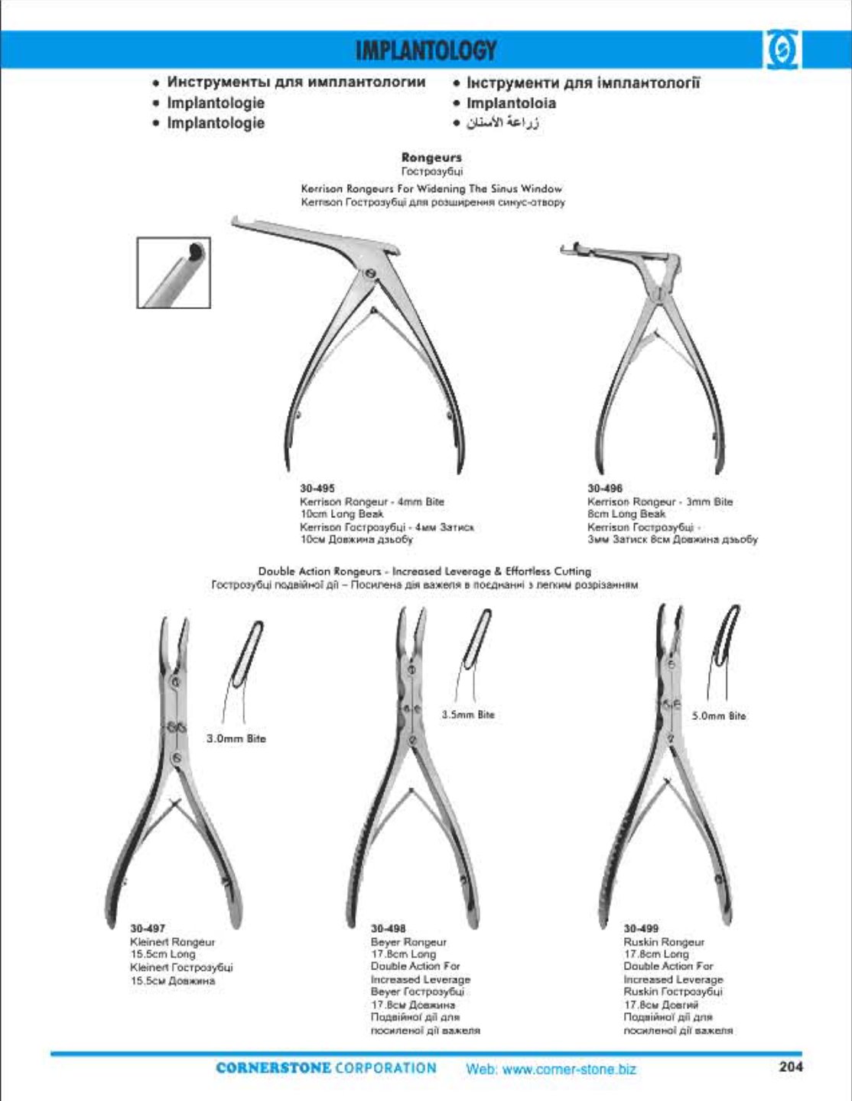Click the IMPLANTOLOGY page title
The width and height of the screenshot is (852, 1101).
426,50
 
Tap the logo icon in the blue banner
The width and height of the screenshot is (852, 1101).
781,51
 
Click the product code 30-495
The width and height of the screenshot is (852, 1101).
317,488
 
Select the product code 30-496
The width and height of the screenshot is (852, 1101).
605,488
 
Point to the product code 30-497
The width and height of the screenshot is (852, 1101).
148,929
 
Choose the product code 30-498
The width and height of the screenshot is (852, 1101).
389,929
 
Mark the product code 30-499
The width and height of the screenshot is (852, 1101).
641,929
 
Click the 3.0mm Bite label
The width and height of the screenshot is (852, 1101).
236,738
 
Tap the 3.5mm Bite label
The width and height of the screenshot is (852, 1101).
468,715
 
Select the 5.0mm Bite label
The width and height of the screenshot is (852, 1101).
719,716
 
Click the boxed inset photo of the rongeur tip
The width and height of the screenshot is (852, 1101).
174,272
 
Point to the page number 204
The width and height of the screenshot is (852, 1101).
791,1067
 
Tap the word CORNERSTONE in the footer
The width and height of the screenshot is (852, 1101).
274,1068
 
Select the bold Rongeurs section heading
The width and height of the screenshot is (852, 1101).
432,158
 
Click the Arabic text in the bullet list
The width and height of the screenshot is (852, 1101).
504,123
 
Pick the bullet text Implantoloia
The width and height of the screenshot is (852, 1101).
511,103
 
